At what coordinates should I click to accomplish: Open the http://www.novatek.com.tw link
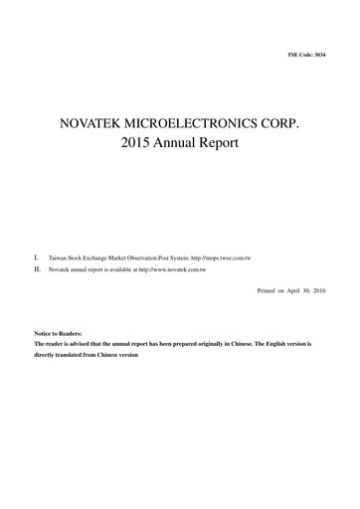(x=172, y=269)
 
